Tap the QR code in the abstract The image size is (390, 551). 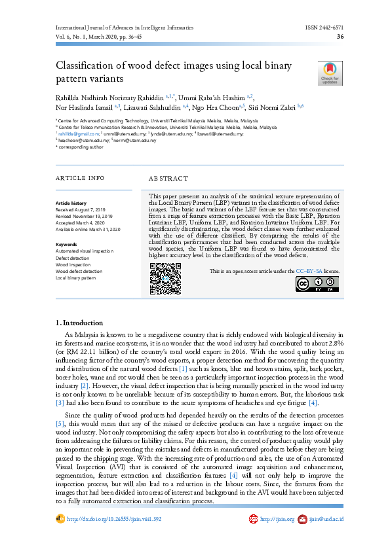click(x=165, y=278)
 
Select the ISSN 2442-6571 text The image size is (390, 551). click(x=324, y=27)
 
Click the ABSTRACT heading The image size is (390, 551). click(x=168, y=178)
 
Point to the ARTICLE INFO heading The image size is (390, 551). click(x=80, y=178)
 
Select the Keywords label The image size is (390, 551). click(x=66, y=244)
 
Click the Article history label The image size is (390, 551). click(x=71, y=204)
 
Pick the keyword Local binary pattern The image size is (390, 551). click(x=76, y=277)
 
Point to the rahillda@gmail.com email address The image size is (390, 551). click(x=74, y=133)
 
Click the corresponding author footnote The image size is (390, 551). click(x=81, y=147)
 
